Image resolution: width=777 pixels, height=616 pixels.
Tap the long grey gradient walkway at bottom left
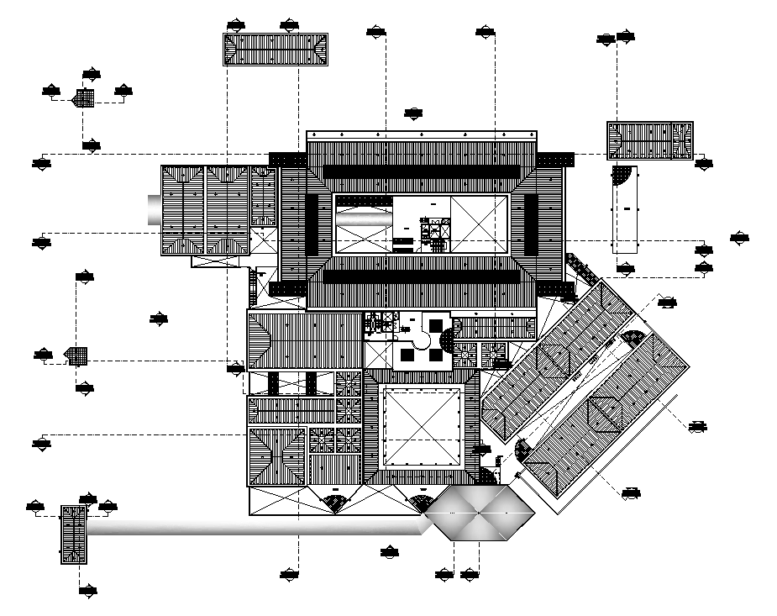tap(252, 526)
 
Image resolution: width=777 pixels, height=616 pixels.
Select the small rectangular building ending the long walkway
tap(74, 534)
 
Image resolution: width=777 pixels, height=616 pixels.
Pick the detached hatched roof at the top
tap(275, 49)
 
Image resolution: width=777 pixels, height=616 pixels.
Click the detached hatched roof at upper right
tap(649, 140)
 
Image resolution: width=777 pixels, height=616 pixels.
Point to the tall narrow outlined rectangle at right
tap(625, 210)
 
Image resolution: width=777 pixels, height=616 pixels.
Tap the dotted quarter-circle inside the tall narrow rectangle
tap(622, 176)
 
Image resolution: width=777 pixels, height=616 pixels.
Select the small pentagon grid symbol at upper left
tap(83, 98)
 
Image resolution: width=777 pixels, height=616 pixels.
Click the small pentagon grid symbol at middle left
tap(77, 355)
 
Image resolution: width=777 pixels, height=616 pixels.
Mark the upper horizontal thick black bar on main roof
tap(420, 171)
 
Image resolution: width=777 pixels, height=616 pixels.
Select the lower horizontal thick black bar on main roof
tap(420, 276)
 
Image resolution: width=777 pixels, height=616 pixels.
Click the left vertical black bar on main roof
tap(312, 224)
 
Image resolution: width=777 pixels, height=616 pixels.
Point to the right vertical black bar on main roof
tap(530, 224)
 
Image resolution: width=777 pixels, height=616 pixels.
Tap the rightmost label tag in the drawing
tap(739, 239)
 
